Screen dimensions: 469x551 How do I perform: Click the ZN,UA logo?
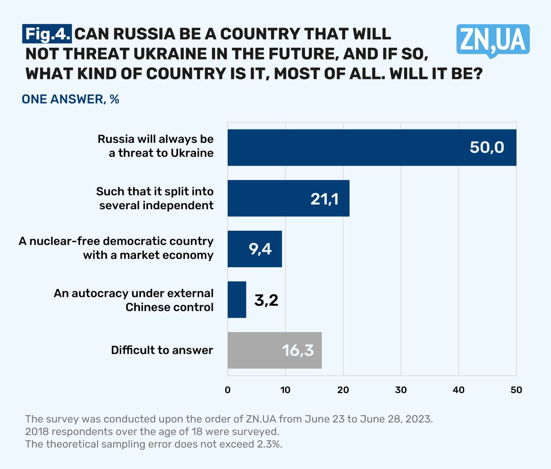[x=493, y=41]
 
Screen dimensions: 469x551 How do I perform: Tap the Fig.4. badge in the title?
[x=47, y=34]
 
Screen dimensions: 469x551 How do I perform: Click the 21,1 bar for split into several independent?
[x=288, y=198]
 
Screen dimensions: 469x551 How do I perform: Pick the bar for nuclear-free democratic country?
[x=254, y=249]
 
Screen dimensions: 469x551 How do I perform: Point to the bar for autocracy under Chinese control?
[x=237, y=300]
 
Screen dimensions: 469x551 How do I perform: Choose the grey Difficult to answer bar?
[x=274, y=350]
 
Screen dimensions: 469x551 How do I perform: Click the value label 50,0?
[x=487, y=147]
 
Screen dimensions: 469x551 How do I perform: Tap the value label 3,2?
[x=266, y=300]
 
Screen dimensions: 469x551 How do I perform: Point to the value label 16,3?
[x=298, y=350]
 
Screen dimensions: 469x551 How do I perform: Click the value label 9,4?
[x=260, y=249]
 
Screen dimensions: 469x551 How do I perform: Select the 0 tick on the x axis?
[x=228, y=390]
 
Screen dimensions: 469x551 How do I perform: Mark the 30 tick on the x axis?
[x=401, y=390]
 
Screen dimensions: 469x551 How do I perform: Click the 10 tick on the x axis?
[x=285, y=390]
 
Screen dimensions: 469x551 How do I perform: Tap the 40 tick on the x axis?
[x=458, y=390]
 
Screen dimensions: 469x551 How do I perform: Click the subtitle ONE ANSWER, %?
[x=70, y=100]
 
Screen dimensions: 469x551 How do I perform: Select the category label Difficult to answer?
[x=162, y=350]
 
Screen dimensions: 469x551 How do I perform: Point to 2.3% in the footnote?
[x=269, y=444]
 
